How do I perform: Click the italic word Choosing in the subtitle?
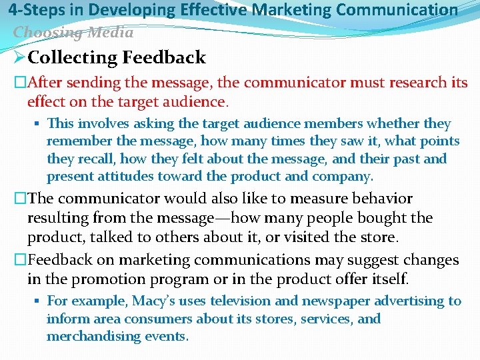43,32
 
